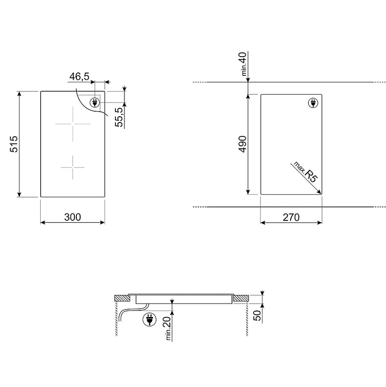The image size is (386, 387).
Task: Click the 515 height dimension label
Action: [x=14, y=144]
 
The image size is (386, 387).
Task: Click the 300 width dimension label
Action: [x=72, y=217]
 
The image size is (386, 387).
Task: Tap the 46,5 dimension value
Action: [x=79, y=77]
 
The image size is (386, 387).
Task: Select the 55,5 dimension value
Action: [x=119, y=117]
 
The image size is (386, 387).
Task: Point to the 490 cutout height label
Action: [x=243, y=144]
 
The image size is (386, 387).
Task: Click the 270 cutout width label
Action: [x=291, y=218]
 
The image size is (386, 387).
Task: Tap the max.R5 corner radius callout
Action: [x=305, y=172]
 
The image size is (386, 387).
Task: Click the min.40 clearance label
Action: [x=243, y=64]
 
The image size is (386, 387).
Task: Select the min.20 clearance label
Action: [x=168, y=328]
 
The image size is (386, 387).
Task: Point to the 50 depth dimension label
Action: [x=257, y=316]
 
